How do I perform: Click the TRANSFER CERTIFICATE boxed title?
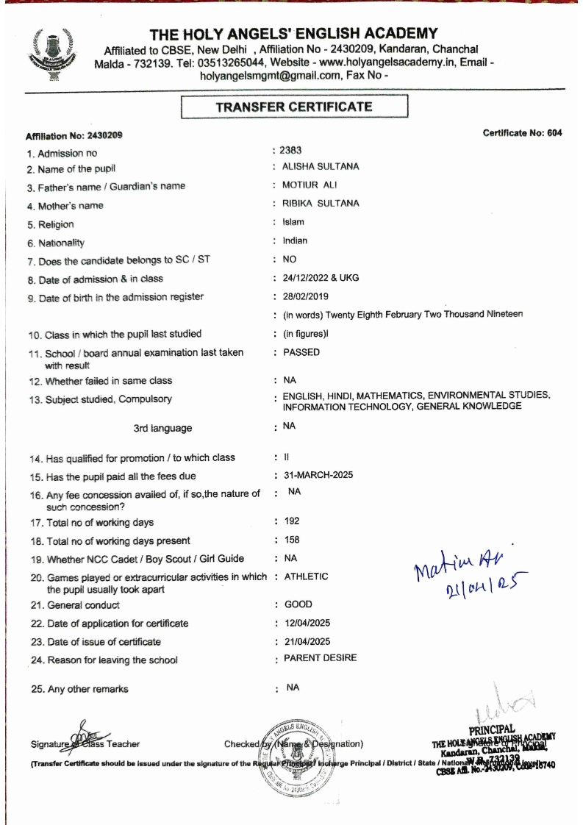click(x=293, y=107)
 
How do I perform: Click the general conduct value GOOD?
click(x=297, y=604)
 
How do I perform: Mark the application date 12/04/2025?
click(x=305, y=623)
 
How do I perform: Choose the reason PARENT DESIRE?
click(x=320, y=658)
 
